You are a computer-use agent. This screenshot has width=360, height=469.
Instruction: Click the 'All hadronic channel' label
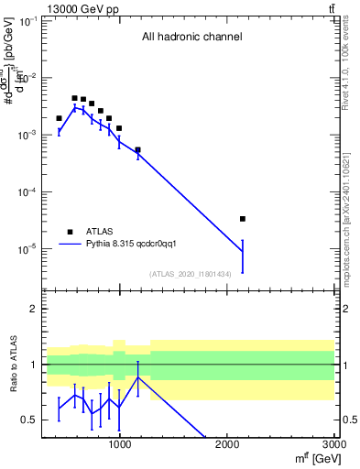tap(191, 38)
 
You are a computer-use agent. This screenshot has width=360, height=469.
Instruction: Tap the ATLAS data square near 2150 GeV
tap(242, 219)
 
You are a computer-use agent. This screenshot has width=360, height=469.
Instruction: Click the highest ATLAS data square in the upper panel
tap(74, 98)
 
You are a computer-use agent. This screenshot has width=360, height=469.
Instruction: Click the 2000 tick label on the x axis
tap(227, 444)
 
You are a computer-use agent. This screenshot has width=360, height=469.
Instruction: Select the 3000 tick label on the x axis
tap(333, 444)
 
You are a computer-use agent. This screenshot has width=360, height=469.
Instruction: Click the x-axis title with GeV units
tap(313, 458)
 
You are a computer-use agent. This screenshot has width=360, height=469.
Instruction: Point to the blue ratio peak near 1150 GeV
tap(138, 376)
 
